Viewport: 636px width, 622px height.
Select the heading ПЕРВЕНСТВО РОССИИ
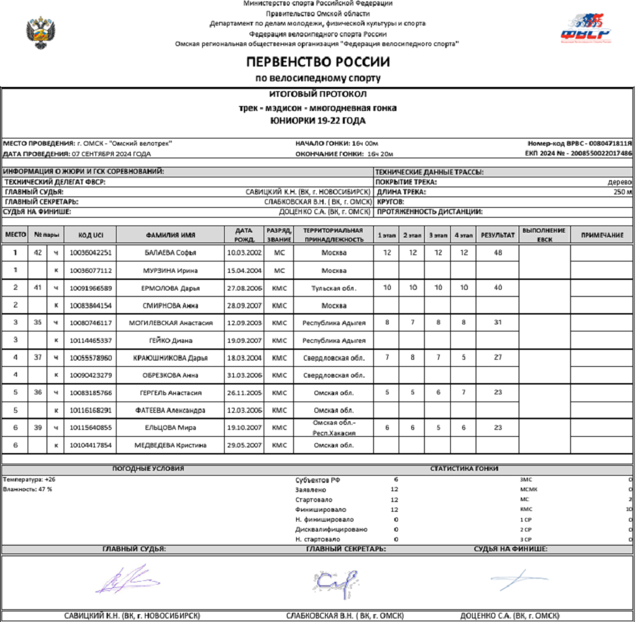point(318,61)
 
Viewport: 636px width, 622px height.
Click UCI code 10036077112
point(90,270)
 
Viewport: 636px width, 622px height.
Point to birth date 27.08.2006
point(244,288)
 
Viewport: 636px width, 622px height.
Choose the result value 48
point(497,252)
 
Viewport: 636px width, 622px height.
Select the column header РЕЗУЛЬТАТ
point(497,235)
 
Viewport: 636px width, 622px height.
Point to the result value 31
point(497,322)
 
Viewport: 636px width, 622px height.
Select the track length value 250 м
point(622,192)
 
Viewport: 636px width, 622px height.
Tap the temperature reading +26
point(49,479)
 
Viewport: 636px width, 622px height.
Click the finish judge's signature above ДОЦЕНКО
point(519,579)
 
